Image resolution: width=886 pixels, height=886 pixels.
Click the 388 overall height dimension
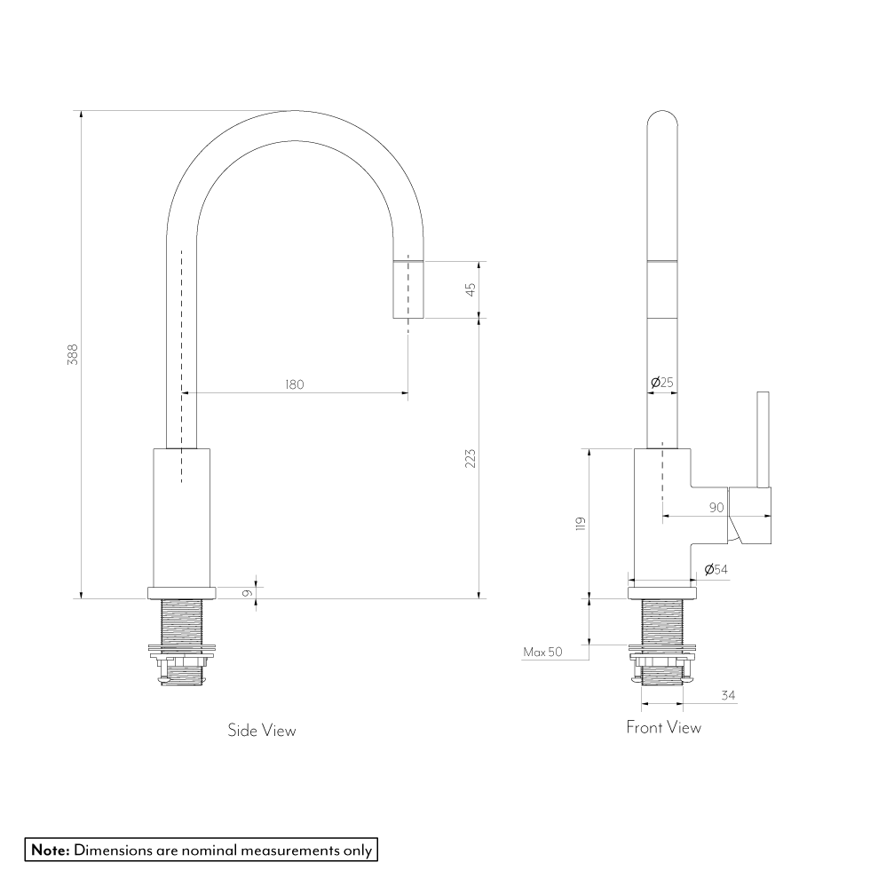point(73,354)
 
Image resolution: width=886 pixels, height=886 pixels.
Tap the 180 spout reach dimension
point(295,384)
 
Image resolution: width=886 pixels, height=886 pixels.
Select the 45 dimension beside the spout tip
point(471,289)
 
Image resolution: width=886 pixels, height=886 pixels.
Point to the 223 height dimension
point(471,458)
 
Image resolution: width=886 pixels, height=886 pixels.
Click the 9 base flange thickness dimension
point(246,593)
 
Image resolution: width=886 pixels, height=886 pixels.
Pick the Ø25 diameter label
point(662,383)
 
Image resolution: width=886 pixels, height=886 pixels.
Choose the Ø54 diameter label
point(716,570)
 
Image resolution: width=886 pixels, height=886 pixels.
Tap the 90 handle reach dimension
point(716,508)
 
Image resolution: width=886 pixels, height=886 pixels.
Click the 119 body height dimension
point(581,524)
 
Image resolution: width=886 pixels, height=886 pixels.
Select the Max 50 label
point(542,652)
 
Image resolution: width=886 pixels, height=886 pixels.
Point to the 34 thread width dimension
point(728,696)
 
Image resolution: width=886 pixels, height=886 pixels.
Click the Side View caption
point(262,731)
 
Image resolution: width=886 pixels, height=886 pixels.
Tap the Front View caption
point(663,727)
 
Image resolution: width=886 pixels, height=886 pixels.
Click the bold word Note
point(51,850)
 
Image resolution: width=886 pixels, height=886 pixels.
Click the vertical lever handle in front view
point(763,439)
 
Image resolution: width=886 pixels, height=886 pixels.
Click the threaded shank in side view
point(182,642)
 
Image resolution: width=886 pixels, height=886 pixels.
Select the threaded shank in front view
point(662,641)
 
